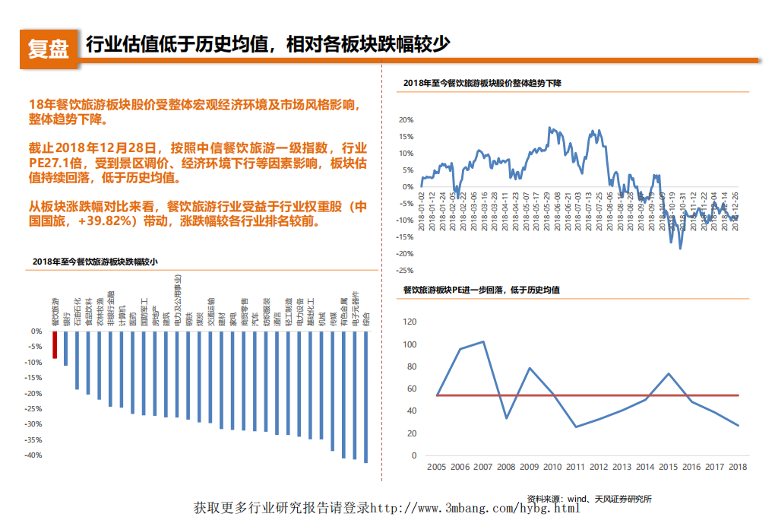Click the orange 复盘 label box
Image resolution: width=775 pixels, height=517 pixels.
coord(48,48)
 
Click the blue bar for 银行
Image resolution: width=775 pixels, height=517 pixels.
coord(66,348)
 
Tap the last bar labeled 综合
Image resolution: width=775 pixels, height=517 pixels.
coord(366,396)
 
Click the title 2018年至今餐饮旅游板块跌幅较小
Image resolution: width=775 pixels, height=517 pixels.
coord(95,262)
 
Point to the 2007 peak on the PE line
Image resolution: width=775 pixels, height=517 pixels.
coord(483,341)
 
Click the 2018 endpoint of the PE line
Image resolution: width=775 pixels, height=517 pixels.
coord(738,425)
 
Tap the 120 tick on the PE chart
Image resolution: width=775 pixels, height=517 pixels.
coord(410,322)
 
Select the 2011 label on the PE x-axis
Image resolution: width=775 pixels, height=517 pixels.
coord(575,467)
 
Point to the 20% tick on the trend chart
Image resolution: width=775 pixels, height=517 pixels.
coord(406,120)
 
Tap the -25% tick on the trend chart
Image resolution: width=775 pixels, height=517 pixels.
coord(404,270)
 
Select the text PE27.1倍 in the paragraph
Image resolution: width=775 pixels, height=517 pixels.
coord(54,163)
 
